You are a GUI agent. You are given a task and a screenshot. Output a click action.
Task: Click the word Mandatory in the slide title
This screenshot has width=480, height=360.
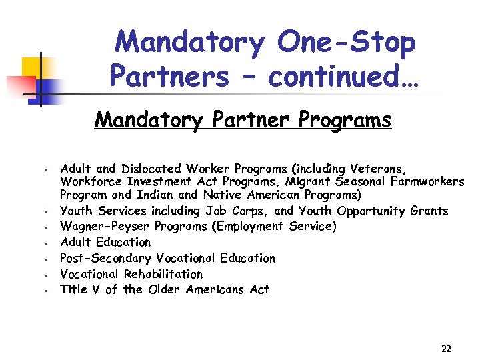point(190,43)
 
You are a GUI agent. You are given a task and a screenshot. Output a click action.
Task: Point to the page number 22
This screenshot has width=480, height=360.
point(446,349)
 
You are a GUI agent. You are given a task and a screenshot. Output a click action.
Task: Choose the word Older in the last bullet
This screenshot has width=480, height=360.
point(165,289)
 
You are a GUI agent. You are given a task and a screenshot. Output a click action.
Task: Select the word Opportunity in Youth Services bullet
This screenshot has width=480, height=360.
point(371,211)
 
